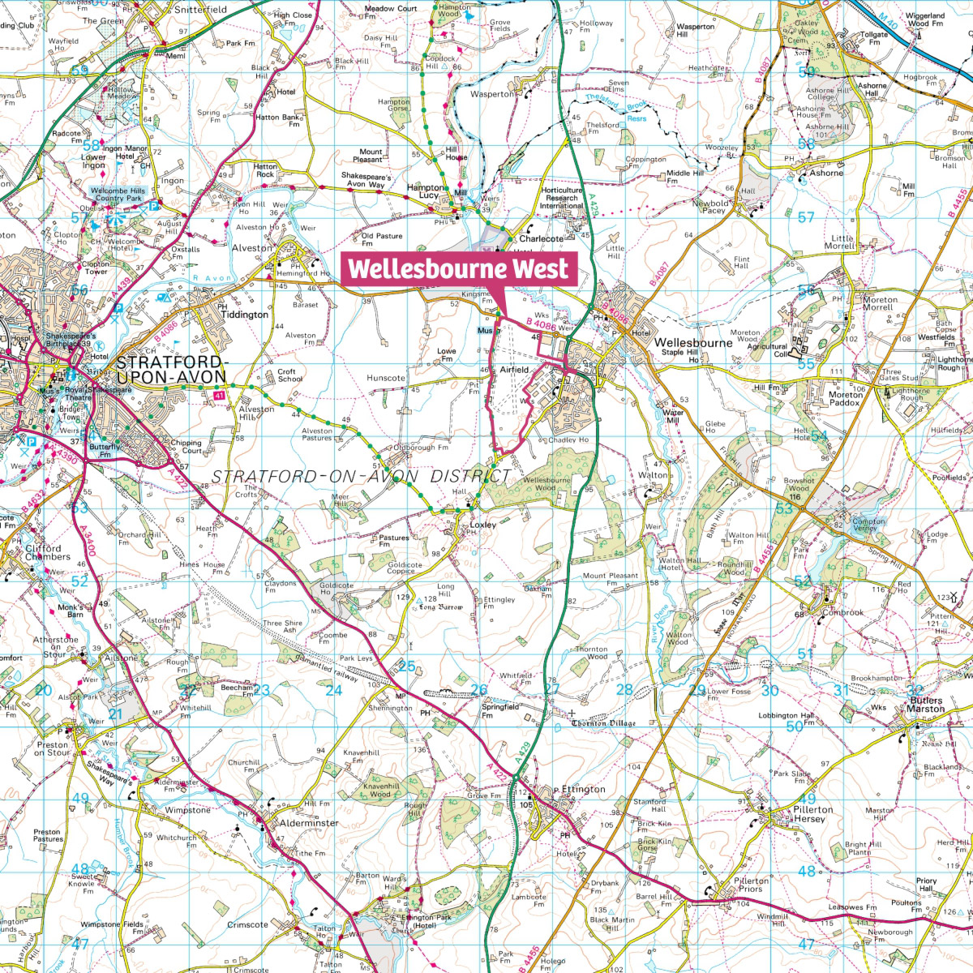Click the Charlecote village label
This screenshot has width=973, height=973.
point(541,239)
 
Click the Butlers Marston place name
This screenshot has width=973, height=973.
point(925,704)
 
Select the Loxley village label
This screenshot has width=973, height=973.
point(482,525)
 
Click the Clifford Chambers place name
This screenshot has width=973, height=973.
point(47,553)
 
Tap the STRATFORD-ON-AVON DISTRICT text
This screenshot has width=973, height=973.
point(362,476)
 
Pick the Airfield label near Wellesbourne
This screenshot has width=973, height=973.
point(514,369)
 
